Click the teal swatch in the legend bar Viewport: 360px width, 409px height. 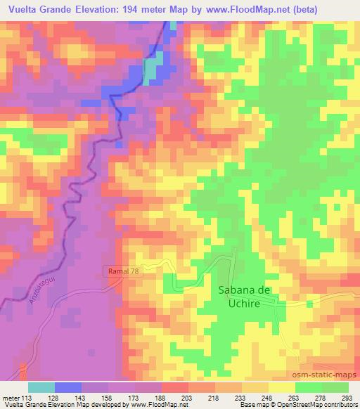(x=41, y=387)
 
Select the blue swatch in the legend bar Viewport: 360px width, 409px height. (x=68, y=387)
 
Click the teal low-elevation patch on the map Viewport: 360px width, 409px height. (x=151, y=69)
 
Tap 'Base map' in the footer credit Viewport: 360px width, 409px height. (x=252, y=404)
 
